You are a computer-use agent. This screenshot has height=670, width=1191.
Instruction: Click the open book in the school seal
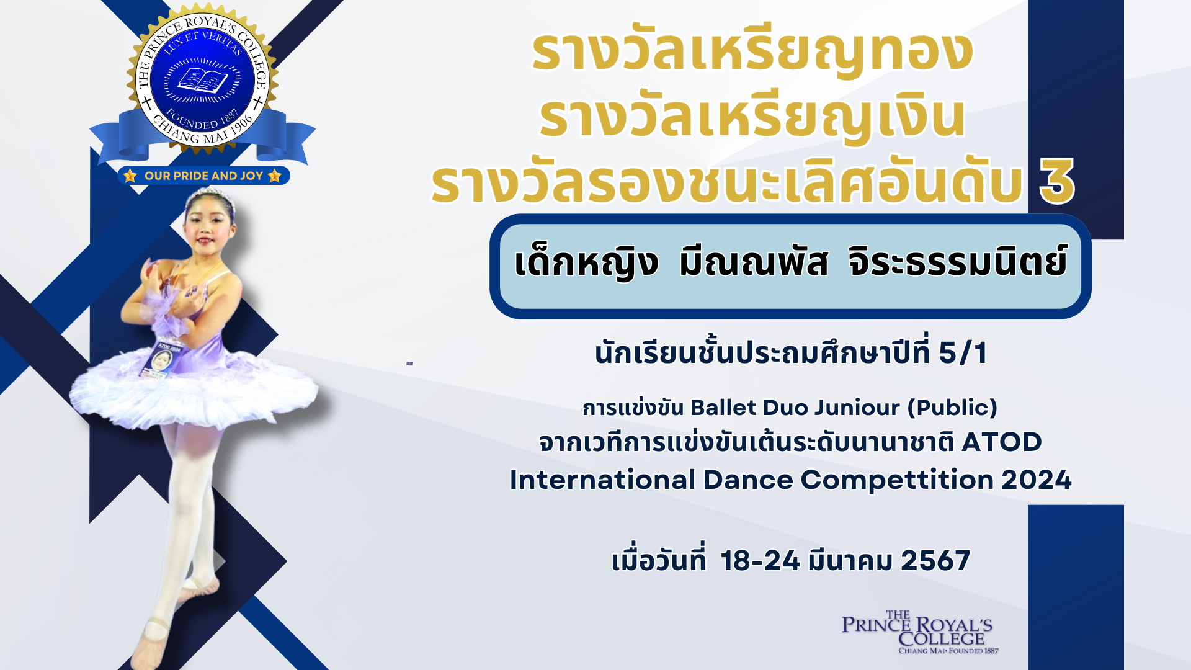(203, 81)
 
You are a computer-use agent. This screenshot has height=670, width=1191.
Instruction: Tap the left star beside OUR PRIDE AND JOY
(130, 176)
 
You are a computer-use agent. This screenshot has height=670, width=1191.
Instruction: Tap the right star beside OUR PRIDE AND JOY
(275, 176)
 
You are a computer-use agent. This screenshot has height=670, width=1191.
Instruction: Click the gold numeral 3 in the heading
(1056, 181)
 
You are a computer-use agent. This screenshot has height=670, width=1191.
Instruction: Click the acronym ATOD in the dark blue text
(1001, 442)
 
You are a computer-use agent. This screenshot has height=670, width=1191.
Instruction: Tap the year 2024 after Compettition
(1037, 480)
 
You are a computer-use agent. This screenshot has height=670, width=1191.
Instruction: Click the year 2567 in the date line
(935, 561)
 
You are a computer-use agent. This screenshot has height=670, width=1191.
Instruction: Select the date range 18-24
(760, 561)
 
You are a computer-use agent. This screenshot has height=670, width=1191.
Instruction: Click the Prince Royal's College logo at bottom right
(917, 633)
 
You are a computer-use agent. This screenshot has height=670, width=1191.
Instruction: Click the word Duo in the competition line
(785, 408)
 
